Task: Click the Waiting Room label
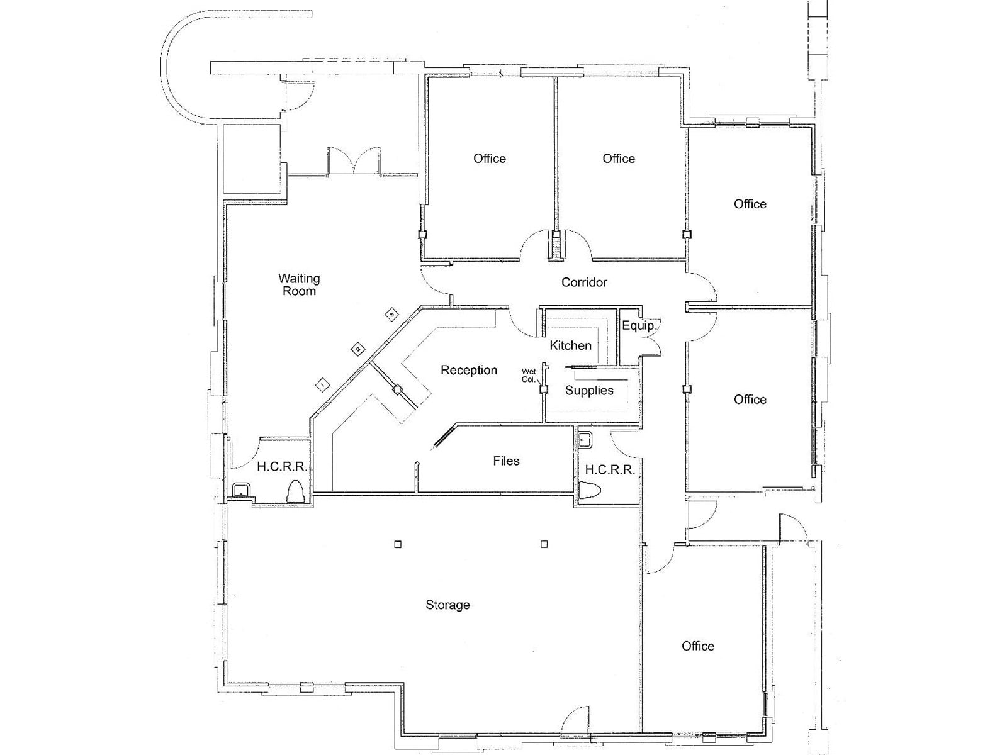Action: (299, 284)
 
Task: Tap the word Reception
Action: (468, 370)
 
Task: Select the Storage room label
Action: (447, 605)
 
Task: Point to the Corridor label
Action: (583, 282)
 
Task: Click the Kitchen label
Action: (570, 345)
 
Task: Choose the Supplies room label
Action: (588, 391)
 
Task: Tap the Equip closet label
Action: (637, 325)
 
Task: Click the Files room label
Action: (506, 461)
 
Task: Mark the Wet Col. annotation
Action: (528, 376)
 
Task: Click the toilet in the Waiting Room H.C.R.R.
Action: (295, 491)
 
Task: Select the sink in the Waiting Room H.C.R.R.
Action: (241, 489)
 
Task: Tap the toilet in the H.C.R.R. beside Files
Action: (590, 491)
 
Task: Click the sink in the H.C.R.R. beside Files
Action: (585, 440)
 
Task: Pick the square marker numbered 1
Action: (323, 383)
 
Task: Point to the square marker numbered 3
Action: (391, 313)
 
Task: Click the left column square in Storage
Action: (397, 544)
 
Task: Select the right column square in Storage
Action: (544, 544)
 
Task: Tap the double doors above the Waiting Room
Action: (354, 162)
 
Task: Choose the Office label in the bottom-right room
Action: (697, 646)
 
